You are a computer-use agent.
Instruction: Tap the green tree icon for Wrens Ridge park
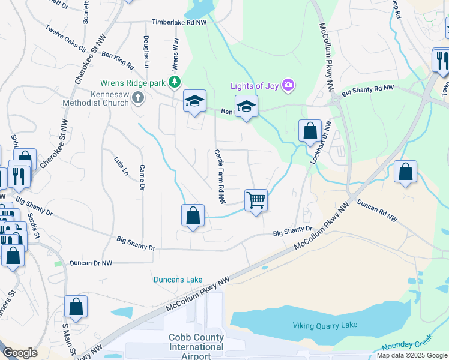[x=175, y=82]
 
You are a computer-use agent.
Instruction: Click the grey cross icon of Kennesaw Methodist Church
[x=138, y=98]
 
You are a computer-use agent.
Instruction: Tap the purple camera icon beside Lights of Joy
[x=288, y=85]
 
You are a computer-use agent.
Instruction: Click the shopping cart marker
[x=256, y=200]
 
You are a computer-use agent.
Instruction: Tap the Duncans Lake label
[x=178, y=280]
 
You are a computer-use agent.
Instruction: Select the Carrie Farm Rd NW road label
[x=220, y=170]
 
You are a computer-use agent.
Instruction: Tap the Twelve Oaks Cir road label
[x=65, y=37]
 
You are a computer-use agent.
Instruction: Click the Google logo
[x=20, y=353]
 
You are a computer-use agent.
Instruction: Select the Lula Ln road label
[x=121, y=165]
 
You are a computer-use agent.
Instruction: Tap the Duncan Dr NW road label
[x=91, y=263]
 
